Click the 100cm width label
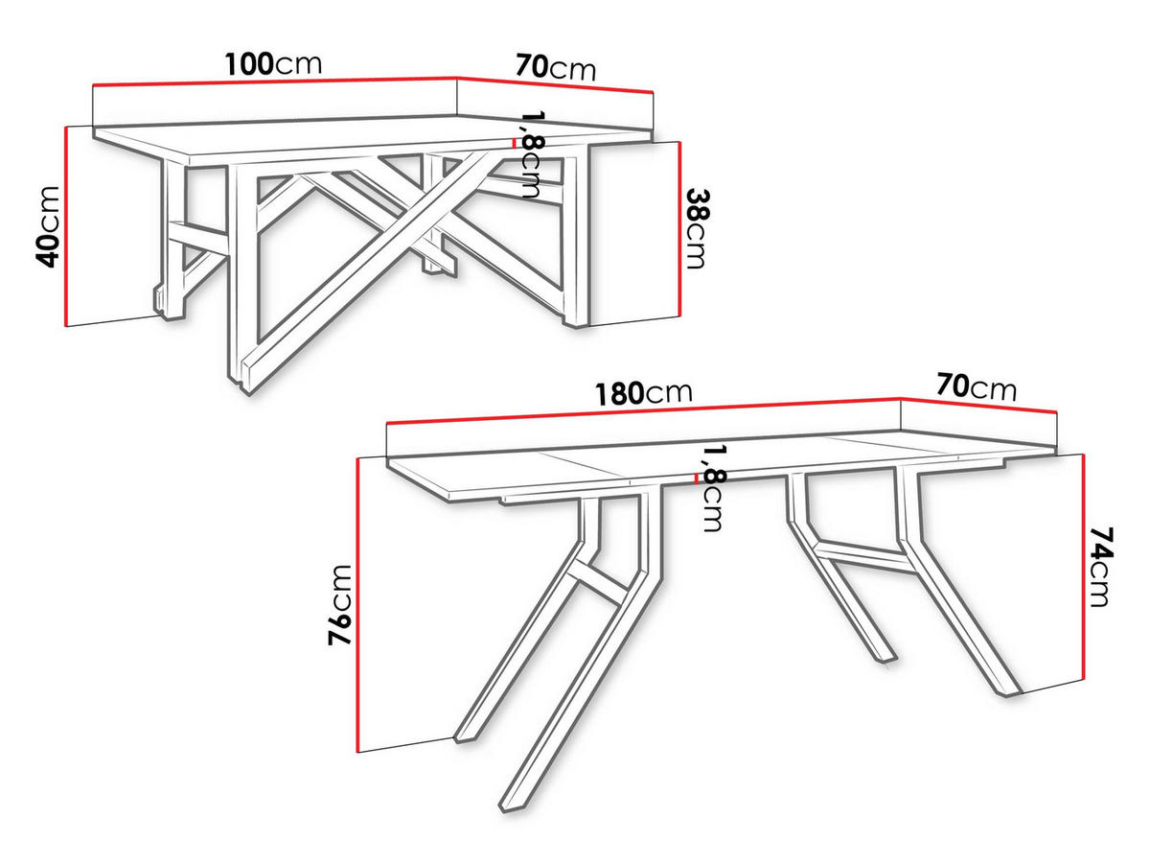coord(273,65)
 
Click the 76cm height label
coord(341,605)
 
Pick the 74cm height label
coord(1102,566)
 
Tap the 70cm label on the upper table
coord(556,68)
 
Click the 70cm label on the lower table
coord(977,387)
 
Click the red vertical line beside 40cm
coord(65,226)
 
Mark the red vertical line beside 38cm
coord(678,228)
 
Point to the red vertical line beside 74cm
coord(1083,566)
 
